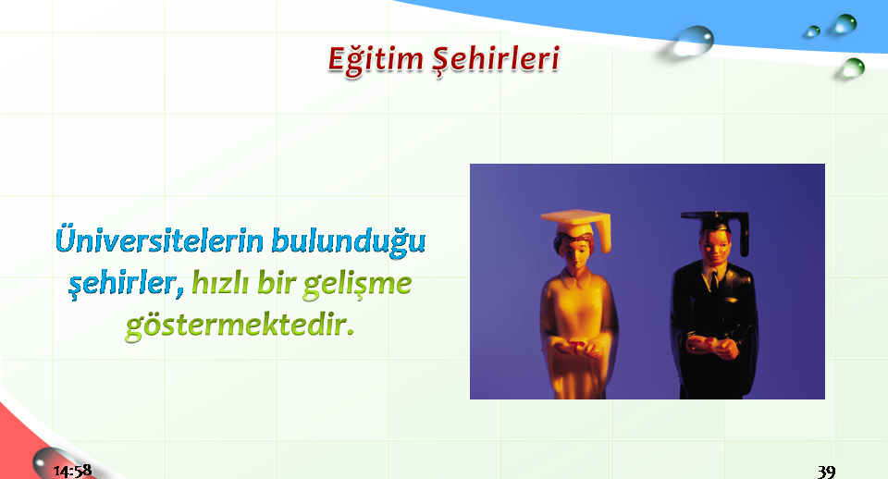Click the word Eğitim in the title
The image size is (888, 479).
376,59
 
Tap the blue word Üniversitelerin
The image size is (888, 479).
160,239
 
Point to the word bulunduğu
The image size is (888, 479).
349,241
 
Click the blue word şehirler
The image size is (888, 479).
126,283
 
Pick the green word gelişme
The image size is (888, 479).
357,284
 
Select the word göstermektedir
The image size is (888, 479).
240,325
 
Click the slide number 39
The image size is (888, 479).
826,471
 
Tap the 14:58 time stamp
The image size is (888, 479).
72,471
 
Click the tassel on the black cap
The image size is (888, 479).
744,235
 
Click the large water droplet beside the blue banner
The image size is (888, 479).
692,41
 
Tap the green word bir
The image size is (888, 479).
276,282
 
